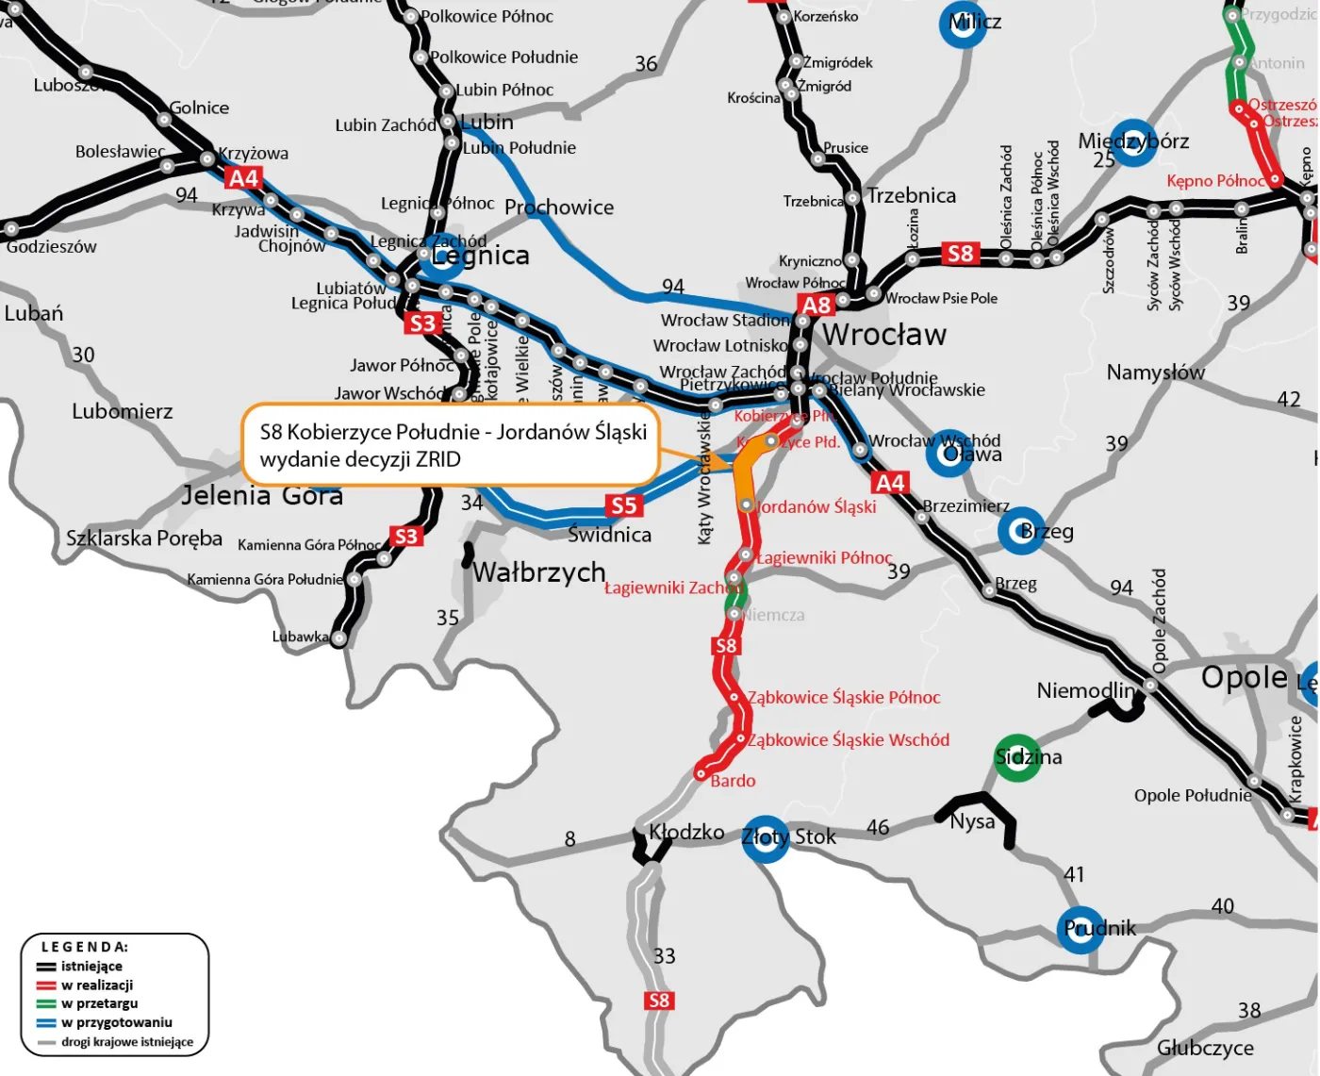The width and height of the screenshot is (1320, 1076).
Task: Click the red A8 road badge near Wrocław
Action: [817, 305]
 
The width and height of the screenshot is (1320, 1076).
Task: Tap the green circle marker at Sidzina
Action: [1017, 757]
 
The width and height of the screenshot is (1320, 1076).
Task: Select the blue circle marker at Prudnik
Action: [1081, 929]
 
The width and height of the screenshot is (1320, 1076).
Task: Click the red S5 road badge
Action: [623, 505]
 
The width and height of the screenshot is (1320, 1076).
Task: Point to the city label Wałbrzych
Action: [538, 571]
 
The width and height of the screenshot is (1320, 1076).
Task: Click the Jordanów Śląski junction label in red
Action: [817, 507]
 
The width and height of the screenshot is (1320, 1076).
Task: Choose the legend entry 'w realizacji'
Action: [97, 985]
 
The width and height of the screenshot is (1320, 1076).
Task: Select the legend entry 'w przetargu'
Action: [99, 1003]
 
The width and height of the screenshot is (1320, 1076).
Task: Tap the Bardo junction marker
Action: [701, 773]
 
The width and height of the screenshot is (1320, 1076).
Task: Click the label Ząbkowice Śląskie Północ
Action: [844, 698]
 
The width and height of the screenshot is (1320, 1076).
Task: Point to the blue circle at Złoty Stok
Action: [765, 838]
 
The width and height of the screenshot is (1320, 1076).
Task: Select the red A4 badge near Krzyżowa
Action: [244, 178]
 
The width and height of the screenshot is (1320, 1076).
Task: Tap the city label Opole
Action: [1244, 677]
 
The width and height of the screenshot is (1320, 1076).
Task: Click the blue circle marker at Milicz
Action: [963, 25]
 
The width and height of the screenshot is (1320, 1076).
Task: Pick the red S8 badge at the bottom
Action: [659, 1001]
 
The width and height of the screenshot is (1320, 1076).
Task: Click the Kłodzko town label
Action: [686, 833]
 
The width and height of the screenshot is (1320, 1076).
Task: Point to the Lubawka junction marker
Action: [338, 638]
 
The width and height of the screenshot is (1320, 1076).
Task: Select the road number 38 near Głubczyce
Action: [1249, 1011]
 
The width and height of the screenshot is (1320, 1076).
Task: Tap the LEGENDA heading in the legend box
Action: [85, 947]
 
